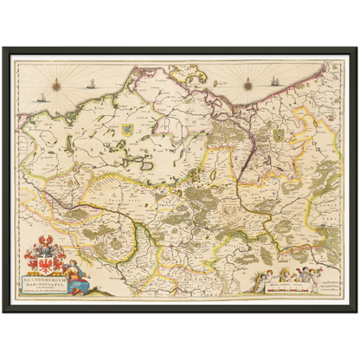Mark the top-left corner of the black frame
(3, 47)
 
